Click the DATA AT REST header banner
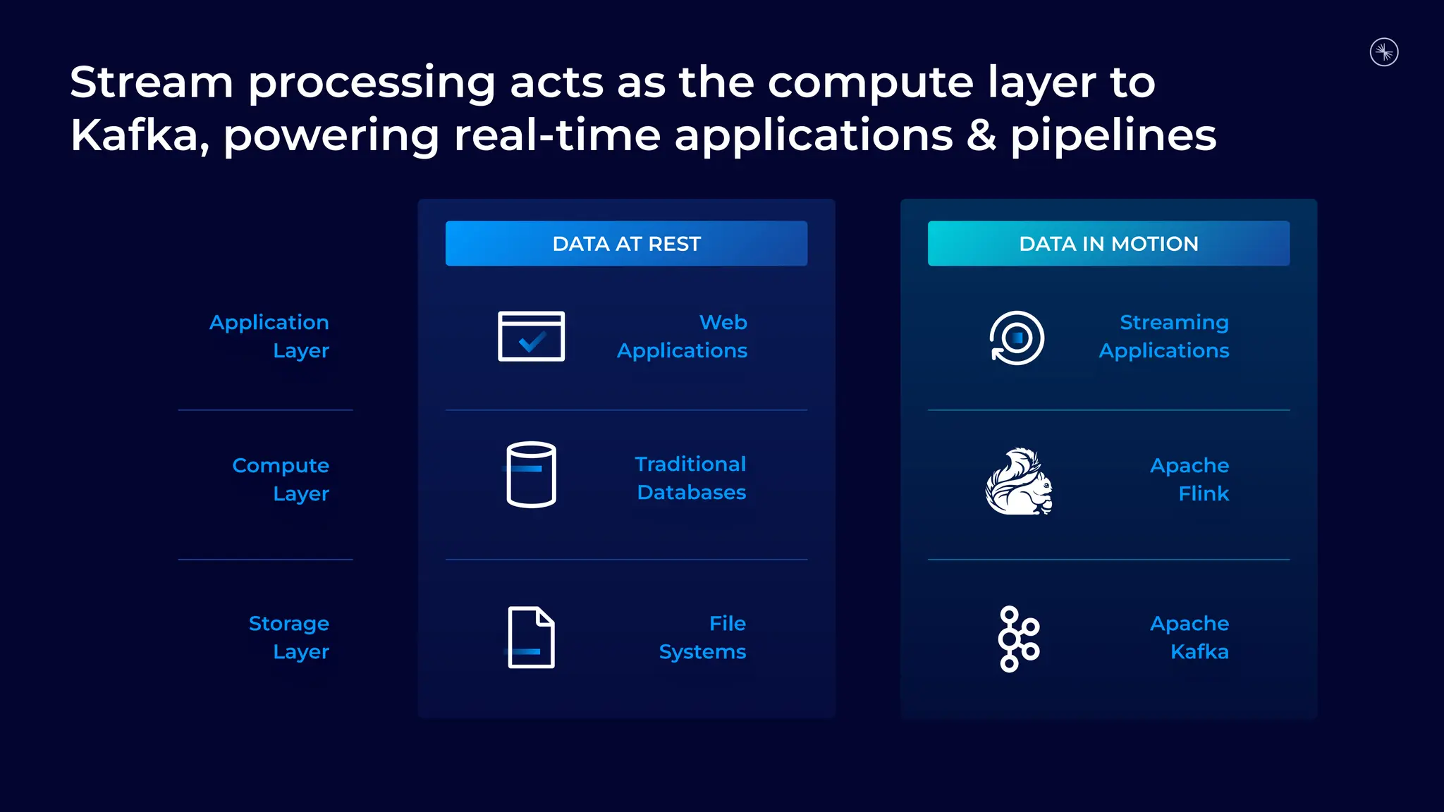pyautogui.click(x=626, y=243)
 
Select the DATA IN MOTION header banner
pyautogui.click(x=1108, y=243)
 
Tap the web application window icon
pyautogui.click(x=531, y=336)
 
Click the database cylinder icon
pyautogui.click(x=531, y=474)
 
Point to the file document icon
pyautogui.click(x=531, y=637)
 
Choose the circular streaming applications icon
pyautogui.click(x=1017, y=338)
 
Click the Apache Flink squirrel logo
pyautogui.click(x=1019, y=481)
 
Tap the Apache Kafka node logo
pyautogui.click(x=1018, y=639)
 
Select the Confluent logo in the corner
pyautogui.click(x=1384, y=52)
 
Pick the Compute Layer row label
pyautogui.click(x=281, y=479)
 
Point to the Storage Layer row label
pyautogui.click(x=289, y=637)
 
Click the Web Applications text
pyautogui.click(x=683, y=336)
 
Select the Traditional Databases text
pyautogui.click(x=691, y=478)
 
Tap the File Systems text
pyautogui.click(x=703, y=637)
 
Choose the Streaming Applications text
pyautogui.click(x=1164, y=336)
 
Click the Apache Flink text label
pyautogui.click(x=1189, y=479)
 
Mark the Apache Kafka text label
pyautogui.click(x=1189, y=637)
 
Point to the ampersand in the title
pyautogui.click(x=981, y=135)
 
